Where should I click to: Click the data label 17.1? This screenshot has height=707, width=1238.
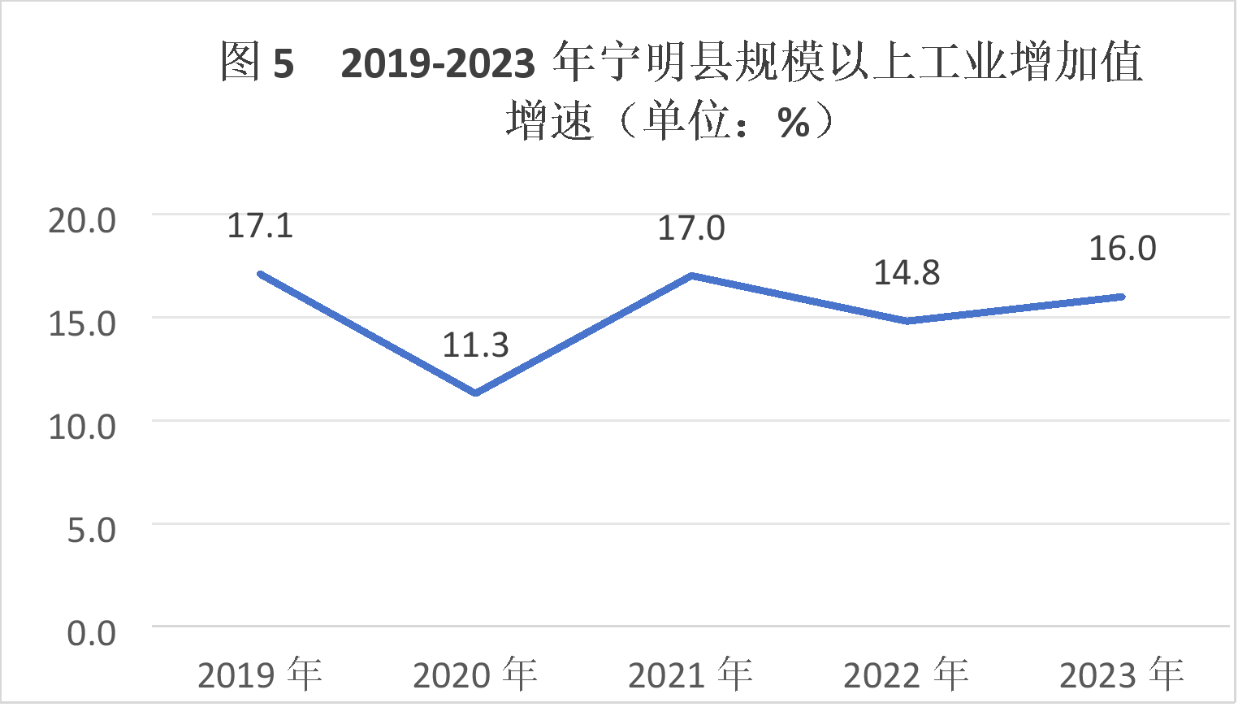(x=260, y=226)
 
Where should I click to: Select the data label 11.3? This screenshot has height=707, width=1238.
(x=475, y=345)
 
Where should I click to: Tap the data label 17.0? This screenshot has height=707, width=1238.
(x=690, y=228)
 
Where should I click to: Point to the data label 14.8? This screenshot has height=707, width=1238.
(x=907, y=273)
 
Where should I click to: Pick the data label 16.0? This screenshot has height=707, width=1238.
(x=1122, y=249)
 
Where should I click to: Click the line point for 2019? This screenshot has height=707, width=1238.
(x=260, y=274)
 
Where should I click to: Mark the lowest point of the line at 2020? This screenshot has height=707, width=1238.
(x=475, y=393)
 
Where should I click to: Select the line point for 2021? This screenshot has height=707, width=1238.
(x=690, y=275)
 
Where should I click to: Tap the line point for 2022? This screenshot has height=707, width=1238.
(x=907, y=321)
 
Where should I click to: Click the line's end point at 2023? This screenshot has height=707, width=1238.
(x=1122, y=297)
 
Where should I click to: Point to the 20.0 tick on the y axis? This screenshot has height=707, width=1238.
(x=82, y=221)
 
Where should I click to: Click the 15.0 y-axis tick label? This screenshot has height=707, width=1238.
(x=82, y=324)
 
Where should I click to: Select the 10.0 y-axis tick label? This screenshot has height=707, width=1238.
(x=82, y=427)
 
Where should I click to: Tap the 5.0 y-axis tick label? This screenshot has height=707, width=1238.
(x=91, y=531)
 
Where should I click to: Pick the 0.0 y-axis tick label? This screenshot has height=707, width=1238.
(x=91, y=634)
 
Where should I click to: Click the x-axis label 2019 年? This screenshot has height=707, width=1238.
(x=260, y=674)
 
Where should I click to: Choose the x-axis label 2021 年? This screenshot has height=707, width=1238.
(x=690, y=674)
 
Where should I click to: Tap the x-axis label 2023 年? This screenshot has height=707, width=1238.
(x=1122, y=674)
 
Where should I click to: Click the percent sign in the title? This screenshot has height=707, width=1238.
(x=794, y=124)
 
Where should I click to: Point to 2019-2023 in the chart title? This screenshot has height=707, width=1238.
(x=438, y=63)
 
